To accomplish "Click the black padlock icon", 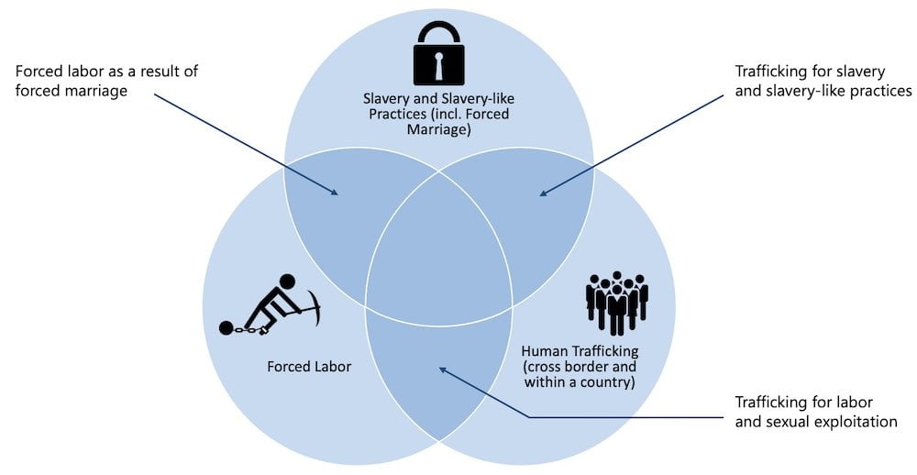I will (x=439, y=55).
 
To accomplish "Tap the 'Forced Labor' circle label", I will (x=309, y=367).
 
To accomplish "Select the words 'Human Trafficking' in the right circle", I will (x=579, y=351).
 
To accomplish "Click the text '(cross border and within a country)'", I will (x=579, y=374).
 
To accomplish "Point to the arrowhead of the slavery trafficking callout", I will (x=543, y=193).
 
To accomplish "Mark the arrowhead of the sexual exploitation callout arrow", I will (x=442, y=370).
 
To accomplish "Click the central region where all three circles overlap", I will (x=439, y=261).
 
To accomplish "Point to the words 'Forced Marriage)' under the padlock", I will (x=438, y=130).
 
